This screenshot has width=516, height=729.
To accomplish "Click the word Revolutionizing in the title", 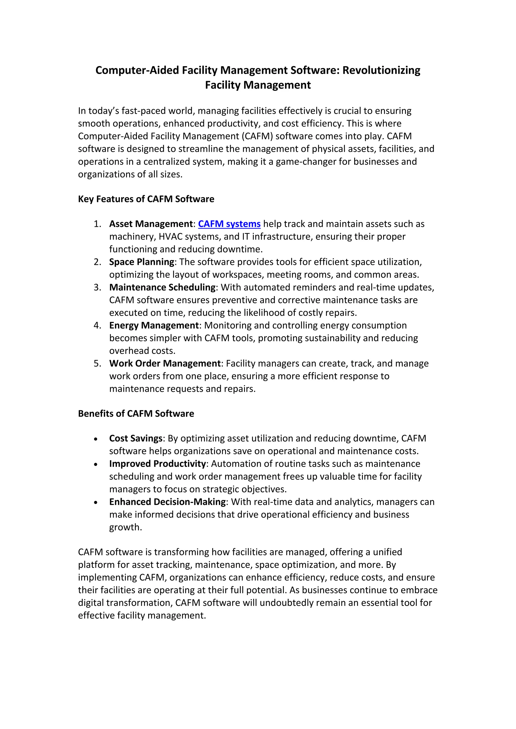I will pos(381,70).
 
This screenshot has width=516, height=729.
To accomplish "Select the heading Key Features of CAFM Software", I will pos(146,199).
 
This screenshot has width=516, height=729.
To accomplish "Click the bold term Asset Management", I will pos(151,224).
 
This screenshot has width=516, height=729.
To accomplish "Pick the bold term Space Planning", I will pos(141,262).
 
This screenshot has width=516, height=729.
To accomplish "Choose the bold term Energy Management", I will pos(154,325).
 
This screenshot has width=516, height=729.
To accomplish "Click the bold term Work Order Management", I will pos(165,363).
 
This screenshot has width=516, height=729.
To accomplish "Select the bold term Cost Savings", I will pos(136,439).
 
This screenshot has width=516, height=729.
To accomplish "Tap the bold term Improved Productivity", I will pos(157,464).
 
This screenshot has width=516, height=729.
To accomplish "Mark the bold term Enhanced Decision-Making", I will pos(167,502).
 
